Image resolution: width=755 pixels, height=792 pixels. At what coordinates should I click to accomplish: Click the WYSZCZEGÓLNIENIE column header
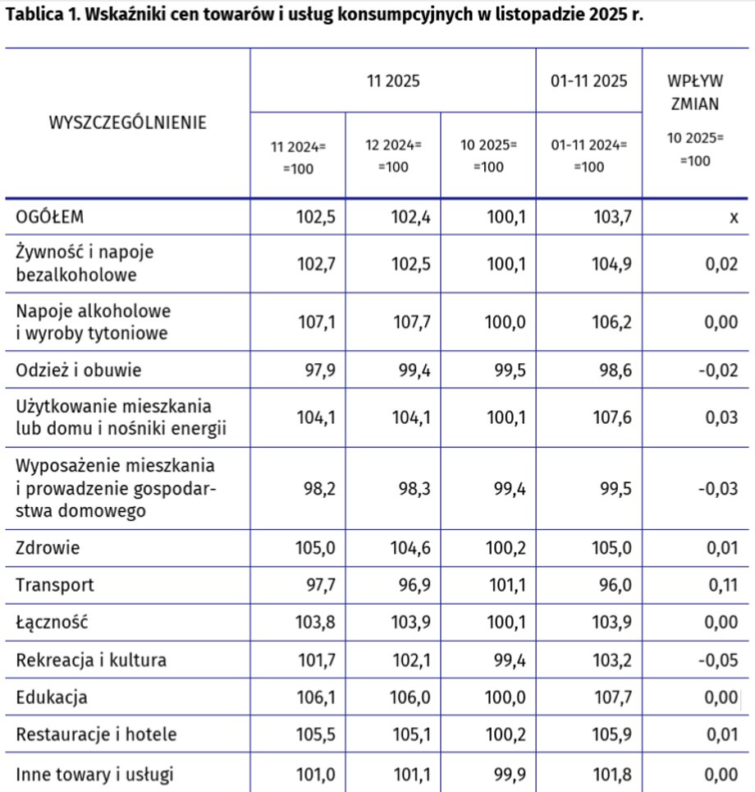click(x=128, y=123)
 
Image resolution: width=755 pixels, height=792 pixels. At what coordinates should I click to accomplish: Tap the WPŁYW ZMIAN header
click(x=695, y=93)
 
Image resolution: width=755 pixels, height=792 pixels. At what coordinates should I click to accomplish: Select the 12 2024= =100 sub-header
click(x=393, y=155)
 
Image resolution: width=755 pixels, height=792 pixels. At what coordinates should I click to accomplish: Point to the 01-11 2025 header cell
click(x=588, y=81)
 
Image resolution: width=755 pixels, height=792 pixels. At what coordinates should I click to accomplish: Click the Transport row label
click(x=55, y=585)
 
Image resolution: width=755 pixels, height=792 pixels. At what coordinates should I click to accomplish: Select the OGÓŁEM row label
click(x=51, y=217)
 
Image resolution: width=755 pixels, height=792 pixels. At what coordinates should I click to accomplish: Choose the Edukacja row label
click(x=52, y=698)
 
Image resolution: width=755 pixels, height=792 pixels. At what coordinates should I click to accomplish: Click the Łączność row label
click(x=52, y=623)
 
